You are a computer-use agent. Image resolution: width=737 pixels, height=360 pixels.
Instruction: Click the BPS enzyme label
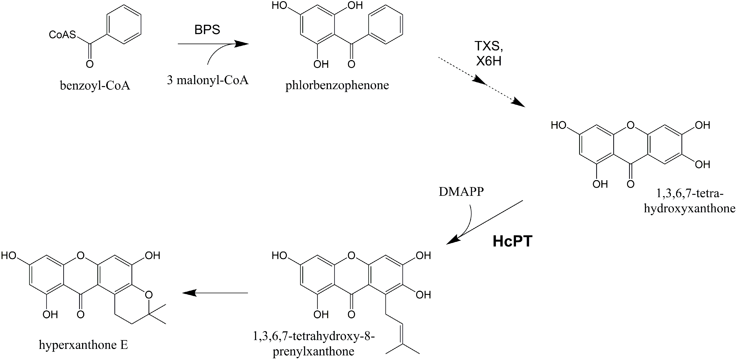pyautogui.click(x=207, y=30)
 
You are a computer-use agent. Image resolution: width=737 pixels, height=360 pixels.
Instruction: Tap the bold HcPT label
pyautogui.click(x=512, y=241)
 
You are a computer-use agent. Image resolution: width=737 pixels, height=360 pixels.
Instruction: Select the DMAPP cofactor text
pyautogui.click(x=461, y=192)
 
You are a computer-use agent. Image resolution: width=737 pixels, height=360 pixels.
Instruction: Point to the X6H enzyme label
pyautogui.click(x=489, y=61)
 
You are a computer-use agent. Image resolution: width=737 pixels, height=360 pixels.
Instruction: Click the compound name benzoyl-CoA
pyautogui.click(x=95, y=85)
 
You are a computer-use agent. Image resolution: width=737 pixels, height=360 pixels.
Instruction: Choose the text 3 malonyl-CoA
pyautogui.click(x=208, y=80)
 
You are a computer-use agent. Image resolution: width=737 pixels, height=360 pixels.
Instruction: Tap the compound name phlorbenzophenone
pyautogui.click(x=337, y=85)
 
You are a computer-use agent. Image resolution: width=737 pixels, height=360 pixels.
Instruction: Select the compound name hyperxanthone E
pyautogui.click(x=83, y=345)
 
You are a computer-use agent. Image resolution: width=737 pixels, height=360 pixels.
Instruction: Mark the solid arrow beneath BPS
pyautogui.click(x=213, y=44)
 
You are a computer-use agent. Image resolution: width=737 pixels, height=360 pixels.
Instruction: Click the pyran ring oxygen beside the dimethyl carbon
pyautogui.click(x=148, y=294)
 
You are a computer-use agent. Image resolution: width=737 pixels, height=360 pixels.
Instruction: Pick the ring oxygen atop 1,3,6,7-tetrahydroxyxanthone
pyautogui.click(x=630, y=125)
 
